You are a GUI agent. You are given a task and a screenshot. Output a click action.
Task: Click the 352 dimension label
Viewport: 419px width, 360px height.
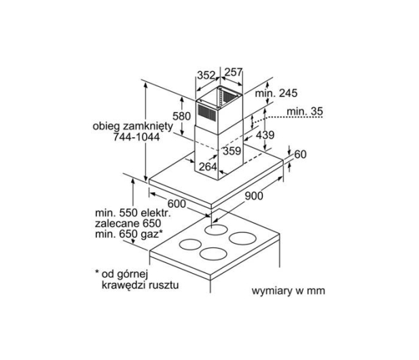(206, 75)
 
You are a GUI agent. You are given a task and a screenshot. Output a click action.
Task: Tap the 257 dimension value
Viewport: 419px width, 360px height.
(234, 72)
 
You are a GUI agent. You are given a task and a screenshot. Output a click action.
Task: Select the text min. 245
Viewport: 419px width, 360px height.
(276, 93)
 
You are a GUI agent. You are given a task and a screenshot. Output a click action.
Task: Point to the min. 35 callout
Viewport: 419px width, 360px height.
(305, 111)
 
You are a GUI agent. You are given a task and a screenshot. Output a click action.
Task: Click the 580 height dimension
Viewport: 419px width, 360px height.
(181, 116)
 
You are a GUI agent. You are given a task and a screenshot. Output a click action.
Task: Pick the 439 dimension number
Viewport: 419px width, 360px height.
(265, 135)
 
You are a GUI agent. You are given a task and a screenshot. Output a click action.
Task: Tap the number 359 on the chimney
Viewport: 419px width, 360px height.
(232, 151)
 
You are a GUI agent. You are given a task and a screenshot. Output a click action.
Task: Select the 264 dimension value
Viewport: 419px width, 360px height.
(208, 167)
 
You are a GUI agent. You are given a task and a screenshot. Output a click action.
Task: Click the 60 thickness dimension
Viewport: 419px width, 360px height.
(300, 154)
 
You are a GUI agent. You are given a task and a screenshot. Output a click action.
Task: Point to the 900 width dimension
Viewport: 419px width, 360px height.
(254, 196)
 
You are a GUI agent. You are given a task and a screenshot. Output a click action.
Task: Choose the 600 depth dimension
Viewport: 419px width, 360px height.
(177, 204)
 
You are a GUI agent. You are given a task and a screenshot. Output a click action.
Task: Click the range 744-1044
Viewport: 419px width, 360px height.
(136, 137)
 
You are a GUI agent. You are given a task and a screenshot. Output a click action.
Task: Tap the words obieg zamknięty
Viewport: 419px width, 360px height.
(133, 126)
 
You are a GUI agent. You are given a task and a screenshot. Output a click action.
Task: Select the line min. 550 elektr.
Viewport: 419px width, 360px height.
(133, 213)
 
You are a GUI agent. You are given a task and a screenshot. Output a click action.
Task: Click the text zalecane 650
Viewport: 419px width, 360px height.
(128, 223)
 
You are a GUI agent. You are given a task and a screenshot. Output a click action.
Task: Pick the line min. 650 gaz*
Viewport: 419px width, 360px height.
(129, 234)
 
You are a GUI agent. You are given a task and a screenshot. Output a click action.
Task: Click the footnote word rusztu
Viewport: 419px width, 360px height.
(164, 285)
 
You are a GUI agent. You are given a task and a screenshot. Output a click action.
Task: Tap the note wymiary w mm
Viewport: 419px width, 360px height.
(289, 291)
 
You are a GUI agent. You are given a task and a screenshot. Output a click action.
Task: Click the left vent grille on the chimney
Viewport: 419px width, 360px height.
(207, 111)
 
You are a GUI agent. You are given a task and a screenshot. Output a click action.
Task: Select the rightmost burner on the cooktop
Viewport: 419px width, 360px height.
(242, 238)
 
